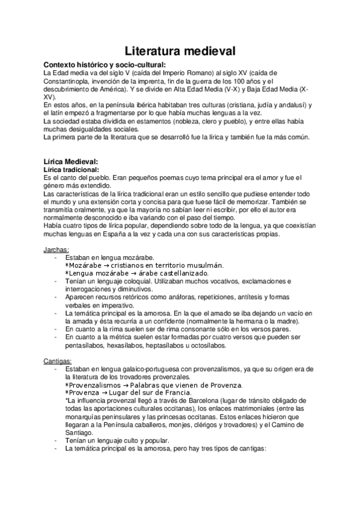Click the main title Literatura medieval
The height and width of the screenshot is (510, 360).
coord(180,51)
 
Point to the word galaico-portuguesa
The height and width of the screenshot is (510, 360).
coord(141,370)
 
